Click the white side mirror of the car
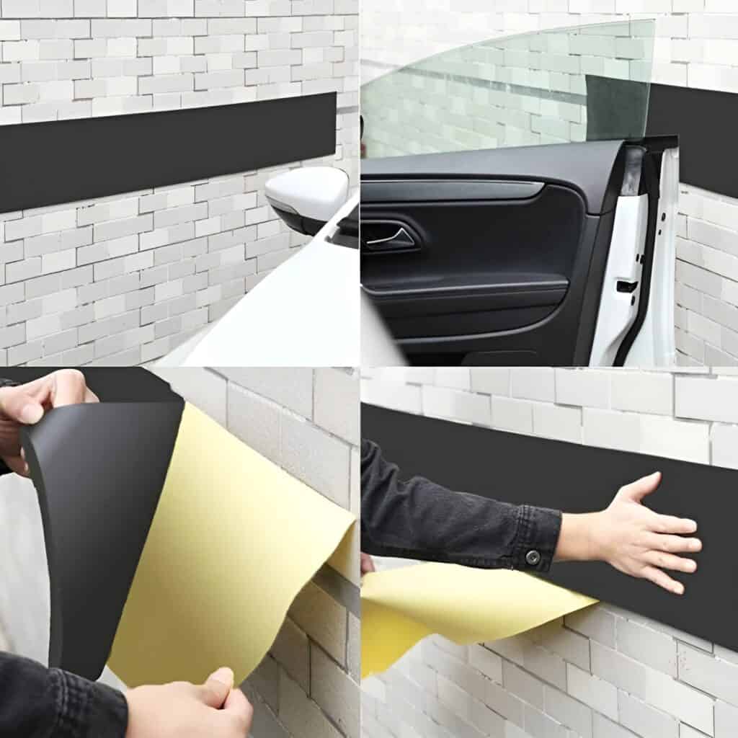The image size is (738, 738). (306, 192)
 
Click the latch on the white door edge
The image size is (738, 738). (626, 286)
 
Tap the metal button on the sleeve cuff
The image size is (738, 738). (533, 556)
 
